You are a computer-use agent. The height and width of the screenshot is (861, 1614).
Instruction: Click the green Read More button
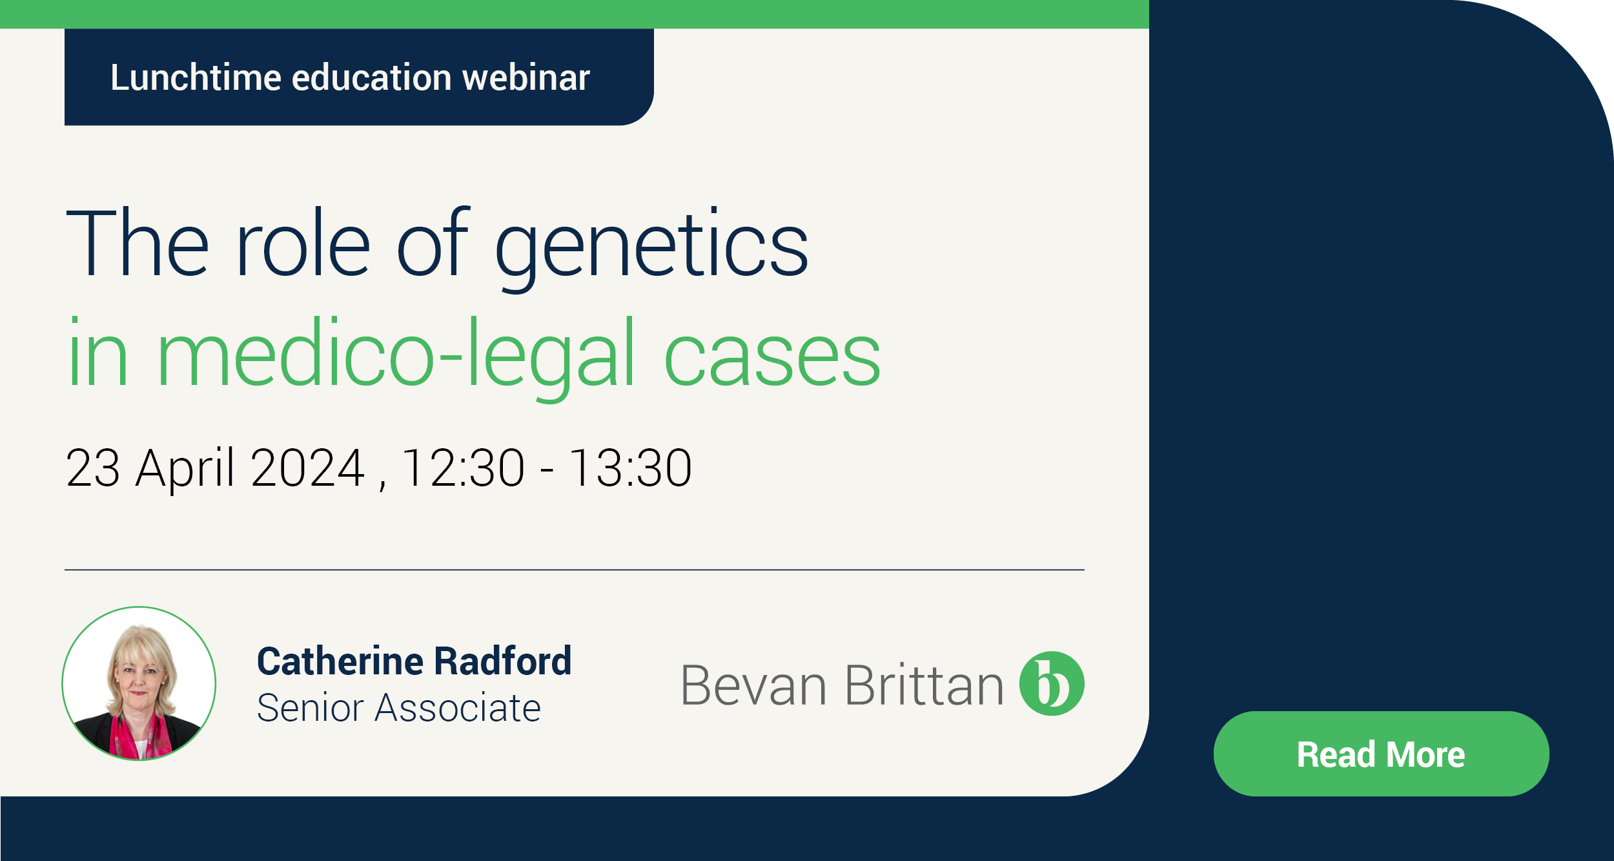[x=1380, y=754]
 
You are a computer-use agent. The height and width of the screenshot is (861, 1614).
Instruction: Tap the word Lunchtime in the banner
[x=196, y=78]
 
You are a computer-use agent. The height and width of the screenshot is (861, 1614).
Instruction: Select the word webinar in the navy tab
[x=526, y=78]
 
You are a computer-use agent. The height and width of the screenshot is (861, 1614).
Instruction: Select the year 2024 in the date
[x=308, y=468]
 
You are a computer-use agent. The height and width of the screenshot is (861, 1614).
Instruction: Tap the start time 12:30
[x=462, y=468]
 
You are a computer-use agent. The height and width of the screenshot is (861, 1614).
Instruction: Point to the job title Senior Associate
[x=398, y=708]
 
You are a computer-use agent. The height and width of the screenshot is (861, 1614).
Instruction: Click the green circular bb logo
[x=1051, y=684]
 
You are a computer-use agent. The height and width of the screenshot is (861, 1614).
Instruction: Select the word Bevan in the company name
[x=753, y=686]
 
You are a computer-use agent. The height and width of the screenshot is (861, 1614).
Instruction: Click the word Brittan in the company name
[x=923, y=685]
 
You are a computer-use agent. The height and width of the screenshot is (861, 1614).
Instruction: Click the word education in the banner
[x=371, y=78]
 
